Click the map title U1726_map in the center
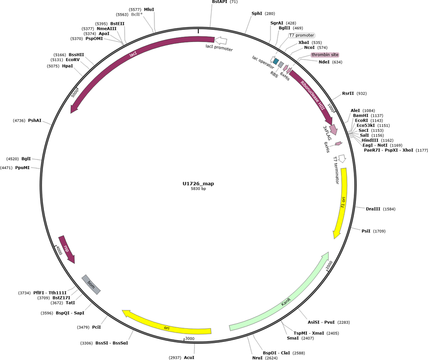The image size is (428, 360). [198, 184]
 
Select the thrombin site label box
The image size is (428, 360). [325, 55]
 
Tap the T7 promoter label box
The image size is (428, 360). [302, 35]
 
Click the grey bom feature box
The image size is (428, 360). [91, 285]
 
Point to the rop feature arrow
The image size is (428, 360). [66, 249]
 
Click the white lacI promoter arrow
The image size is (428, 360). [221, 41]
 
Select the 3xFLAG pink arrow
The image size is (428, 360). [334, 129]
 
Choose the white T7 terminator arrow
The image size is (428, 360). [342, 159]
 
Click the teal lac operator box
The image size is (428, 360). [276, 61]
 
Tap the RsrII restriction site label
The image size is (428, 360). [348, 93]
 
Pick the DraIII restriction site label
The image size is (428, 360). [373, 209]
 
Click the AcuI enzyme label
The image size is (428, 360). [189, 357]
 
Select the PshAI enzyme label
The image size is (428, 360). [35, 121]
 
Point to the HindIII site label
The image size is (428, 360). [370, 140]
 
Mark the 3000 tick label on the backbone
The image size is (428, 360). [190, 339]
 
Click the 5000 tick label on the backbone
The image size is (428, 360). [75, 92]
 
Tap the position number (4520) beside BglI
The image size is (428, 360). [13, 159]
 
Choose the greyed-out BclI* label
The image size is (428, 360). [137, 14]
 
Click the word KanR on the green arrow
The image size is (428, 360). [286, 301]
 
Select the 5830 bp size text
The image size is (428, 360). [198, 188]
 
